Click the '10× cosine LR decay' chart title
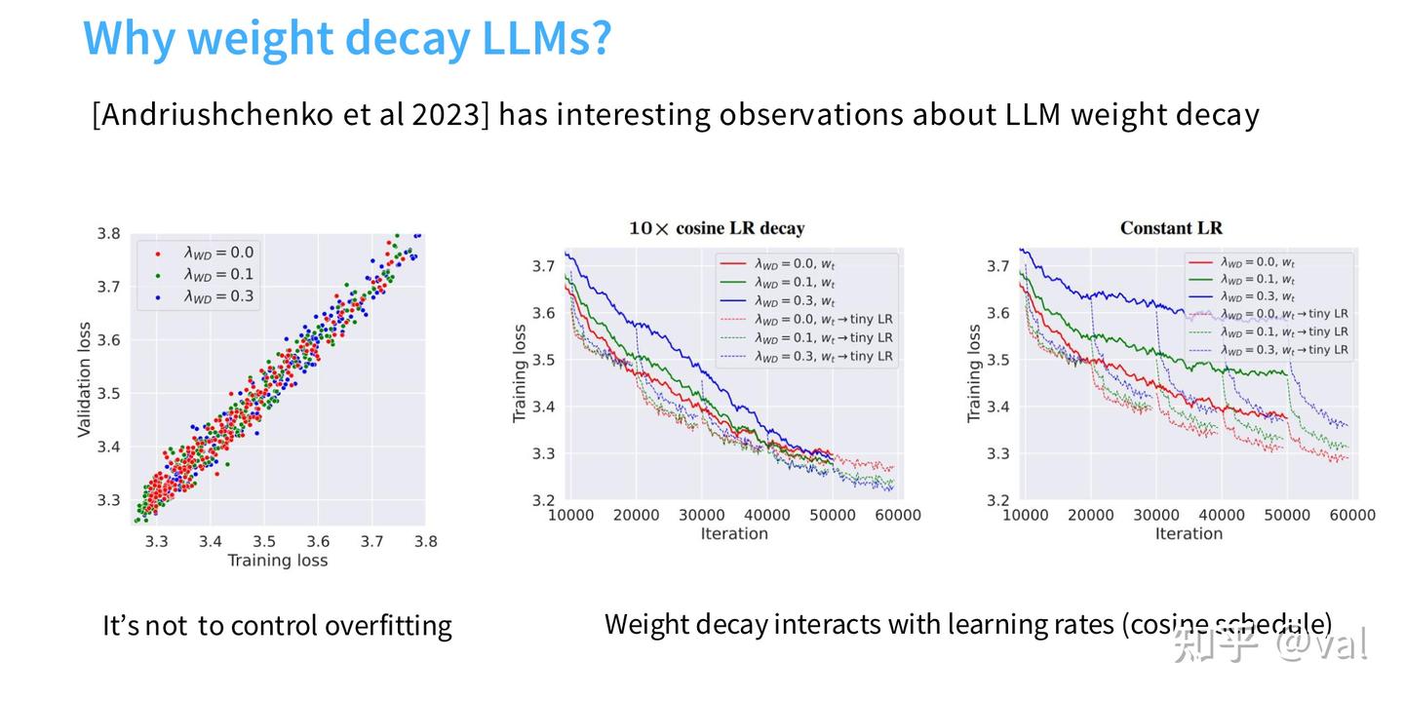pyautogui.click(x=717, y=228)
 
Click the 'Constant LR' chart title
pyautogui.click(x=1171, y=228)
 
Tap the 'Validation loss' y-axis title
pyautogui.click(x=85, y=379)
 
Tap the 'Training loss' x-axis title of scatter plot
pyautogui.click(x=277, y=561)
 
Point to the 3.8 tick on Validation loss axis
pyautogui.click(x=108, y=234)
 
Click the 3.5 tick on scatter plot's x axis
pyautogui.click(x=264, y=541)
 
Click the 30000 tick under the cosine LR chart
pyautogui.click(x=702, y=515)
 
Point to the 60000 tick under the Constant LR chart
pyautogui.click(x=1352, y=515)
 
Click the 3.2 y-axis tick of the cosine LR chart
pyautogui.click(x=544, y=500)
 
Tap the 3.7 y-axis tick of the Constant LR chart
pyautogui.click(x=998, y=266)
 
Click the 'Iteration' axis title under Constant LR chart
pyautogui.click(x=1189, y=533)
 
